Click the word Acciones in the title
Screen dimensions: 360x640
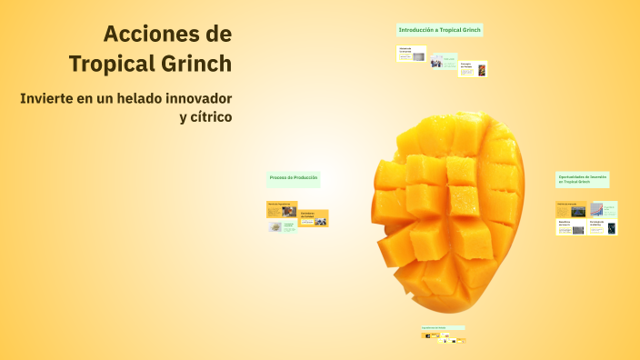pos(155,35)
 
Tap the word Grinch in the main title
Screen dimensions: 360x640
pos(194,64)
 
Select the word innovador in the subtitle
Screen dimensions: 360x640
pos(200,97)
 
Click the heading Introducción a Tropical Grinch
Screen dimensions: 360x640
pos(440,30)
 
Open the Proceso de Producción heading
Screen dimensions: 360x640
pos(293,177)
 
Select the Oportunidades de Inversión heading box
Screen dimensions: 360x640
pos(583,179)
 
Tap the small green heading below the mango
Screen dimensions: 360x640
pos(443,327)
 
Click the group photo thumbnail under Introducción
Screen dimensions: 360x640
pos(437,62)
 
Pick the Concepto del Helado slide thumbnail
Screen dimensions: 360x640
pos(473,68)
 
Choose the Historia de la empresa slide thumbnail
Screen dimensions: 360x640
pos(412,54)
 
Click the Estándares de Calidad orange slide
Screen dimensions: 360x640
pos(314,218)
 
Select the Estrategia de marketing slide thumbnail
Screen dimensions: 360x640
pos(603,227)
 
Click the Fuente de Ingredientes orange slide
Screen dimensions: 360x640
pos(282,209)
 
